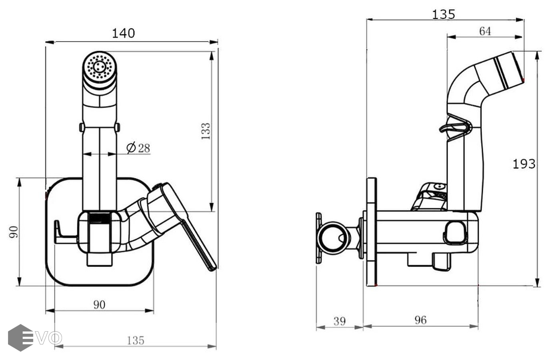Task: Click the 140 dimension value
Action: [x=123, y=33]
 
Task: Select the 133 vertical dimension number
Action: [x=206, y=131]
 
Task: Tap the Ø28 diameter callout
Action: [x=138, y=148]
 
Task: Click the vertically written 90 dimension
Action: [x=14, y=232]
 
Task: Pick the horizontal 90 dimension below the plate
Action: [x=99, y=305]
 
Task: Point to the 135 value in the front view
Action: [x=135, y=341]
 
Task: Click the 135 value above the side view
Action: [x=443, y=14]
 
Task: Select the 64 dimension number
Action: [x=484, y=31]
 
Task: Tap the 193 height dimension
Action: [x=524, y=164]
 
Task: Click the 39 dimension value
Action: [x=339, y=321]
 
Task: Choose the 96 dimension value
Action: [x=420, y=320]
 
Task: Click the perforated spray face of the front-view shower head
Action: [x=99, y=66]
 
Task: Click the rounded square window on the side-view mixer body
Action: [x=455, y=233]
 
